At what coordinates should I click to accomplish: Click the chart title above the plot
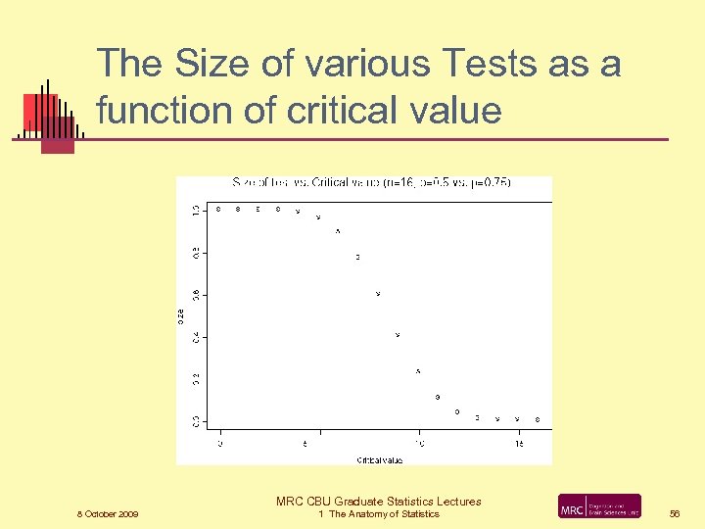tap(371, 182)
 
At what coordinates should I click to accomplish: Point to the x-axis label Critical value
tap(379, 459)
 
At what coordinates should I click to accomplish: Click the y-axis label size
tap(181, 314)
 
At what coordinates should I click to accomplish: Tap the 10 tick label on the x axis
tap(419, 444)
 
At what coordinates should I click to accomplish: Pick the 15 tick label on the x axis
tap(519, 444)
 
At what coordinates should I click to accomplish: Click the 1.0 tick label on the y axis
tap(195, 210)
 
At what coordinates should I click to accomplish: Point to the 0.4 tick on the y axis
tap(195, 336)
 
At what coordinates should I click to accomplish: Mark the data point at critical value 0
tap(218, 209)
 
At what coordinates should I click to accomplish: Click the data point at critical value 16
tap(538, 419)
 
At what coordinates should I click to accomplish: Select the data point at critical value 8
tap(378, 294)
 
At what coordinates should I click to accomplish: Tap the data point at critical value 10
tap(418, 371)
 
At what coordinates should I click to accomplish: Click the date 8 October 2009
tap(108, 514)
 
